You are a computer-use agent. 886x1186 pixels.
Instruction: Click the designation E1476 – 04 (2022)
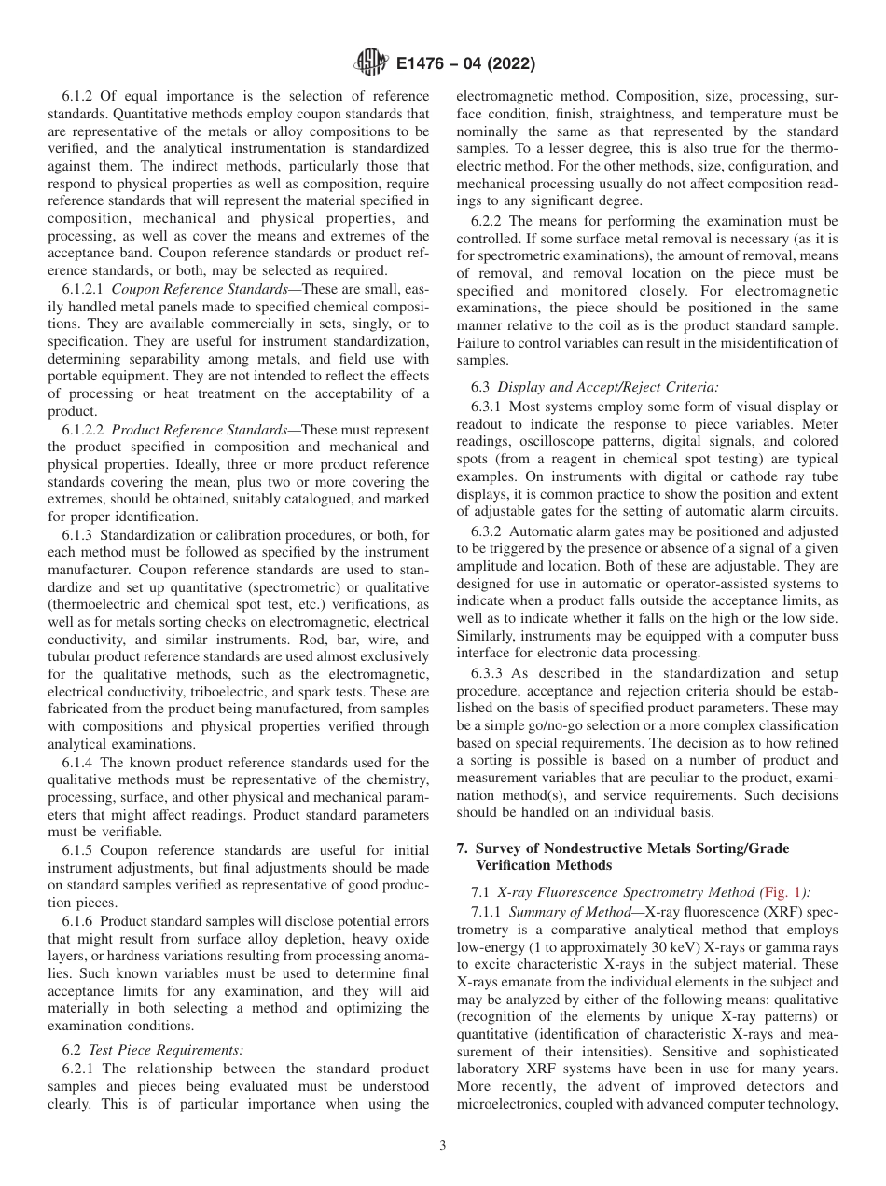click(465, 63)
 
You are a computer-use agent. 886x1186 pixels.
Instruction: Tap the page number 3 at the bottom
click(443, 1146)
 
